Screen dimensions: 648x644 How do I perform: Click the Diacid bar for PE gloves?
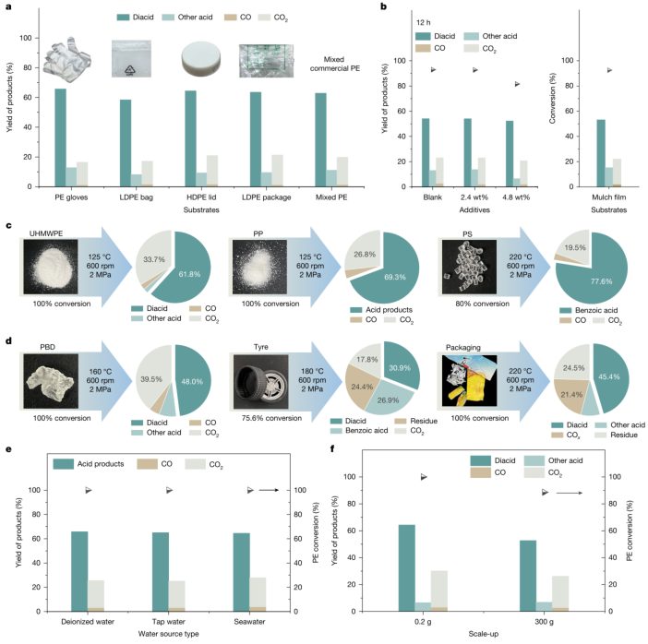[60, 137]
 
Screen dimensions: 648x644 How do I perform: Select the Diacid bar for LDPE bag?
[126, 143]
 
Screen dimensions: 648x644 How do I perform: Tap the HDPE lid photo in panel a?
[201, 59]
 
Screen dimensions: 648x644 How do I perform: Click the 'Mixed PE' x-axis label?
[331, 197]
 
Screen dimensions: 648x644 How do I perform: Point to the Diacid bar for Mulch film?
[601, 153]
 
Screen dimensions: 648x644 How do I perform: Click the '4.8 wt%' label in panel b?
[516, 197]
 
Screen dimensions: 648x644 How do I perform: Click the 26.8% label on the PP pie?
[365, 255]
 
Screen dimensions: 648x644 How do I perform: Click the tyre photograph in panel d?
[261, 382]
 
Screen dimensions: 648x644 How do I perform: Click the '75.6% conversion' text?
[271, 418]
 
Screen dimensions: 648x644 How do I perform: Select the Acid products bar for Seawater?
[241, 572]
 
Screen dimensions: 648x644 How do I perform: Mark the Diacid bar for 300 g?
[528, 576]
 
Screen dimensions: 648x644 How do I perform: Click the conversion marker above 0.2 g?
[424, 477]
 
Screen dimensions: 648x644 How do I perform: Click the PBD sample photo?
[51, 381]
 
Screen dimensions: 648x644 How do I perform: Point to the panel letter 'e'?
[8, 449]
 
